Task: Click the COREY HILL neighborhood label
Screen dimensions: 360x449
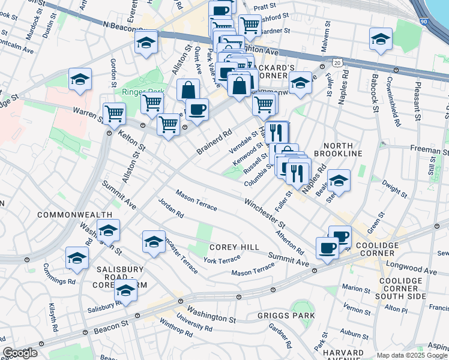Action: click(234, 247)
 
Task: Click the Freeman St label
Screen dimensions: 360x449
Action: click(427, 147)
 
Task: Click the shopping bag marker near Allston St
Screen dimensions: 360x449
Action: click(188, 90)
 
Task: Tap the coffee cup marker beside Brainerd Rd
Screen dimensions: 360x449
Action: click(196, 110)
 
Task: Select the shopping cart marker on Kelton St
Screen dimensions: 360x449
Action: click(114, 113)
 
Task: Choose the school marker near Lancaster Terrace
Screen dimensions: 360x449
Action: click(154, 242)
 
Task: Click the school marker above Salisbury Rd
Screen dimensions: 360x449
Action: click(125, 291)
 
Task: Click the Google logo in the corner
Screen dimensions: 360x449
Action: click(20, 353)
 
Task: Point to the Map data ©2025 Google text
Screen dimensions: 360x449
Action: click(411, 355)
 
